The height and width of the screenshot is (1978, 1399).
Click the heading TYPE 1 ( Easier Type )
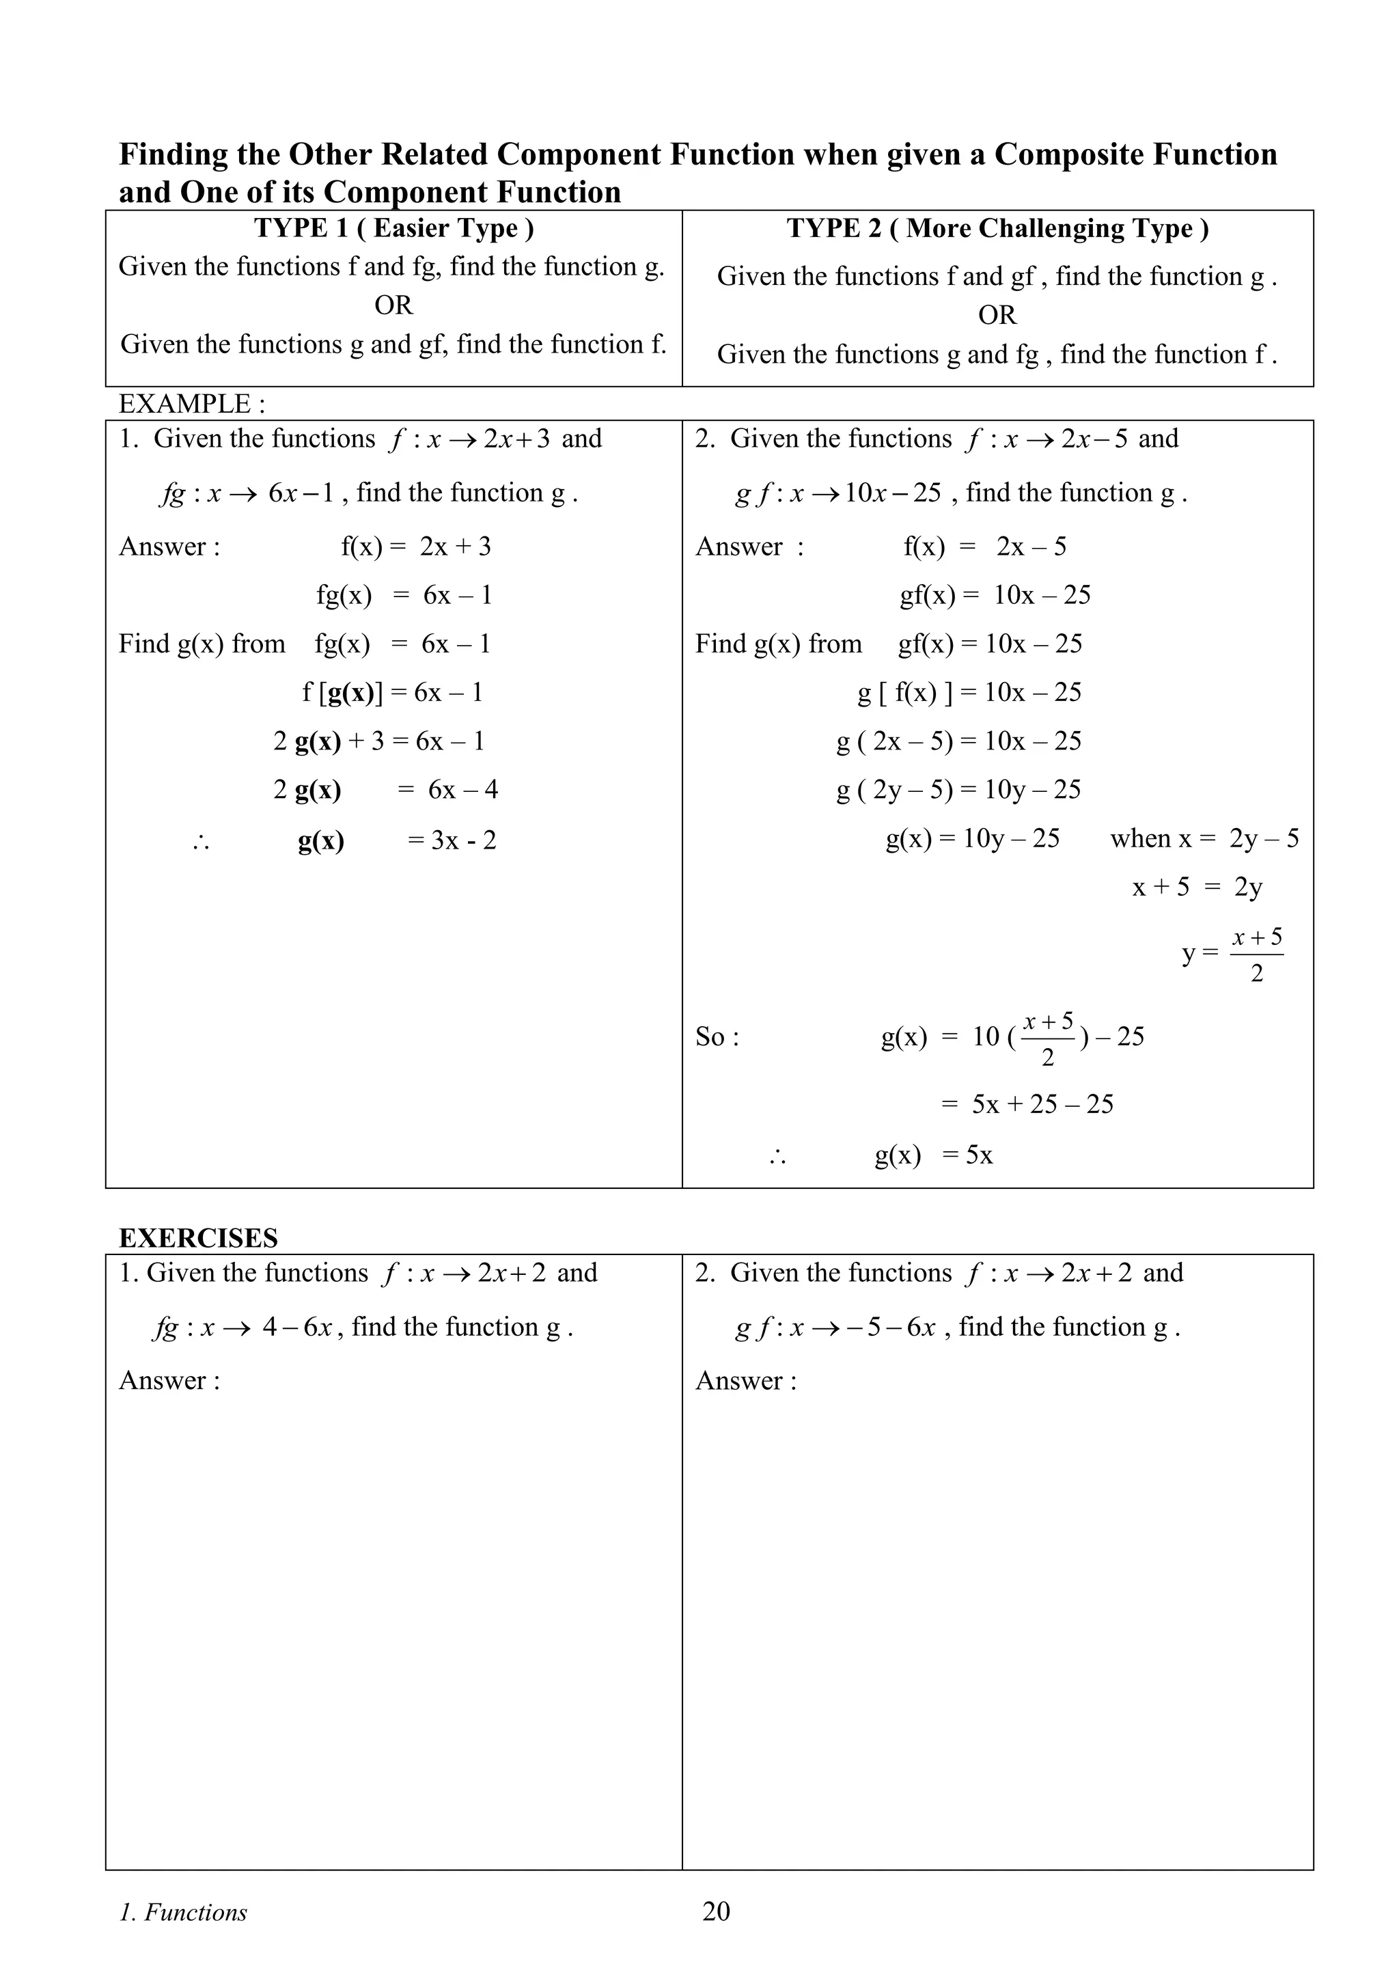(x=393, y=228)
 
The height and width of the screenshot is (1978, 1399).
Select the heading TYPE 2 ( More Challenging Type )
(x=997, y=228)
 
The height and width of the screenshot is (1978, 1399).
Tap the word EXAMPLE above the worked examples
(x=184, y=403)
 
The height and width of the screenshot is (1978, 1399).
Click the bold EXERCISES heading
(x=198, y=1238)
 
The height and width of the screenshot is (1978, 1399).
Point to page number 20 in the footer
(x=716, y=1912)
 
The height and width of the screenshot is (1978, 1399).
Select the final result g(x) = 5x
(x=933, y=1155)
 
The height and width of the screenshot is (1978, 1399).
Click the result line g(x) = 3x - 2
(x=397, y=840)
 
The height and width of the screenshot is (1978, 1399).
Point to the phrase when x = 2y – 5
(x=1204, y=838)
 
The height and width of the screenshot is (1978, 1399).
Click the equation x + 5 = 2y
(x=1197, y=888)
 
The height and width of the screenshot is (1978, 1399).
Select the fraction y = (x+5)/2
(x=1232, y=954)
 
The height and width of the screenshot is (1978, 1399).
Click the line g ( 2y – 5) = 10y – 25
(x=958, y=790)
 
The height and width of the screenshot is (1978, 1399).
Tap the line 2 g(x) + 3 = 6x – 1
(x=378, y=741)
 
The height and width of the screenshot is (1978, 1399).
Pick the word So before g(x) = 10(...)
(x=717, y=1036)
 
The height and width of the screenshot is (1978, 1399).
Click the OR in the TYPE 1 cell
(x=393, y=305)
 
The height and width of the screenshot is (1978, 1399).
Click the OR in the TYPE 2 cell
(x=997, y=315)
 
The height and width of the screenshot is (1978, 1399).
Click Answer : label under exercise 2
(x=746, y=1381)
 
